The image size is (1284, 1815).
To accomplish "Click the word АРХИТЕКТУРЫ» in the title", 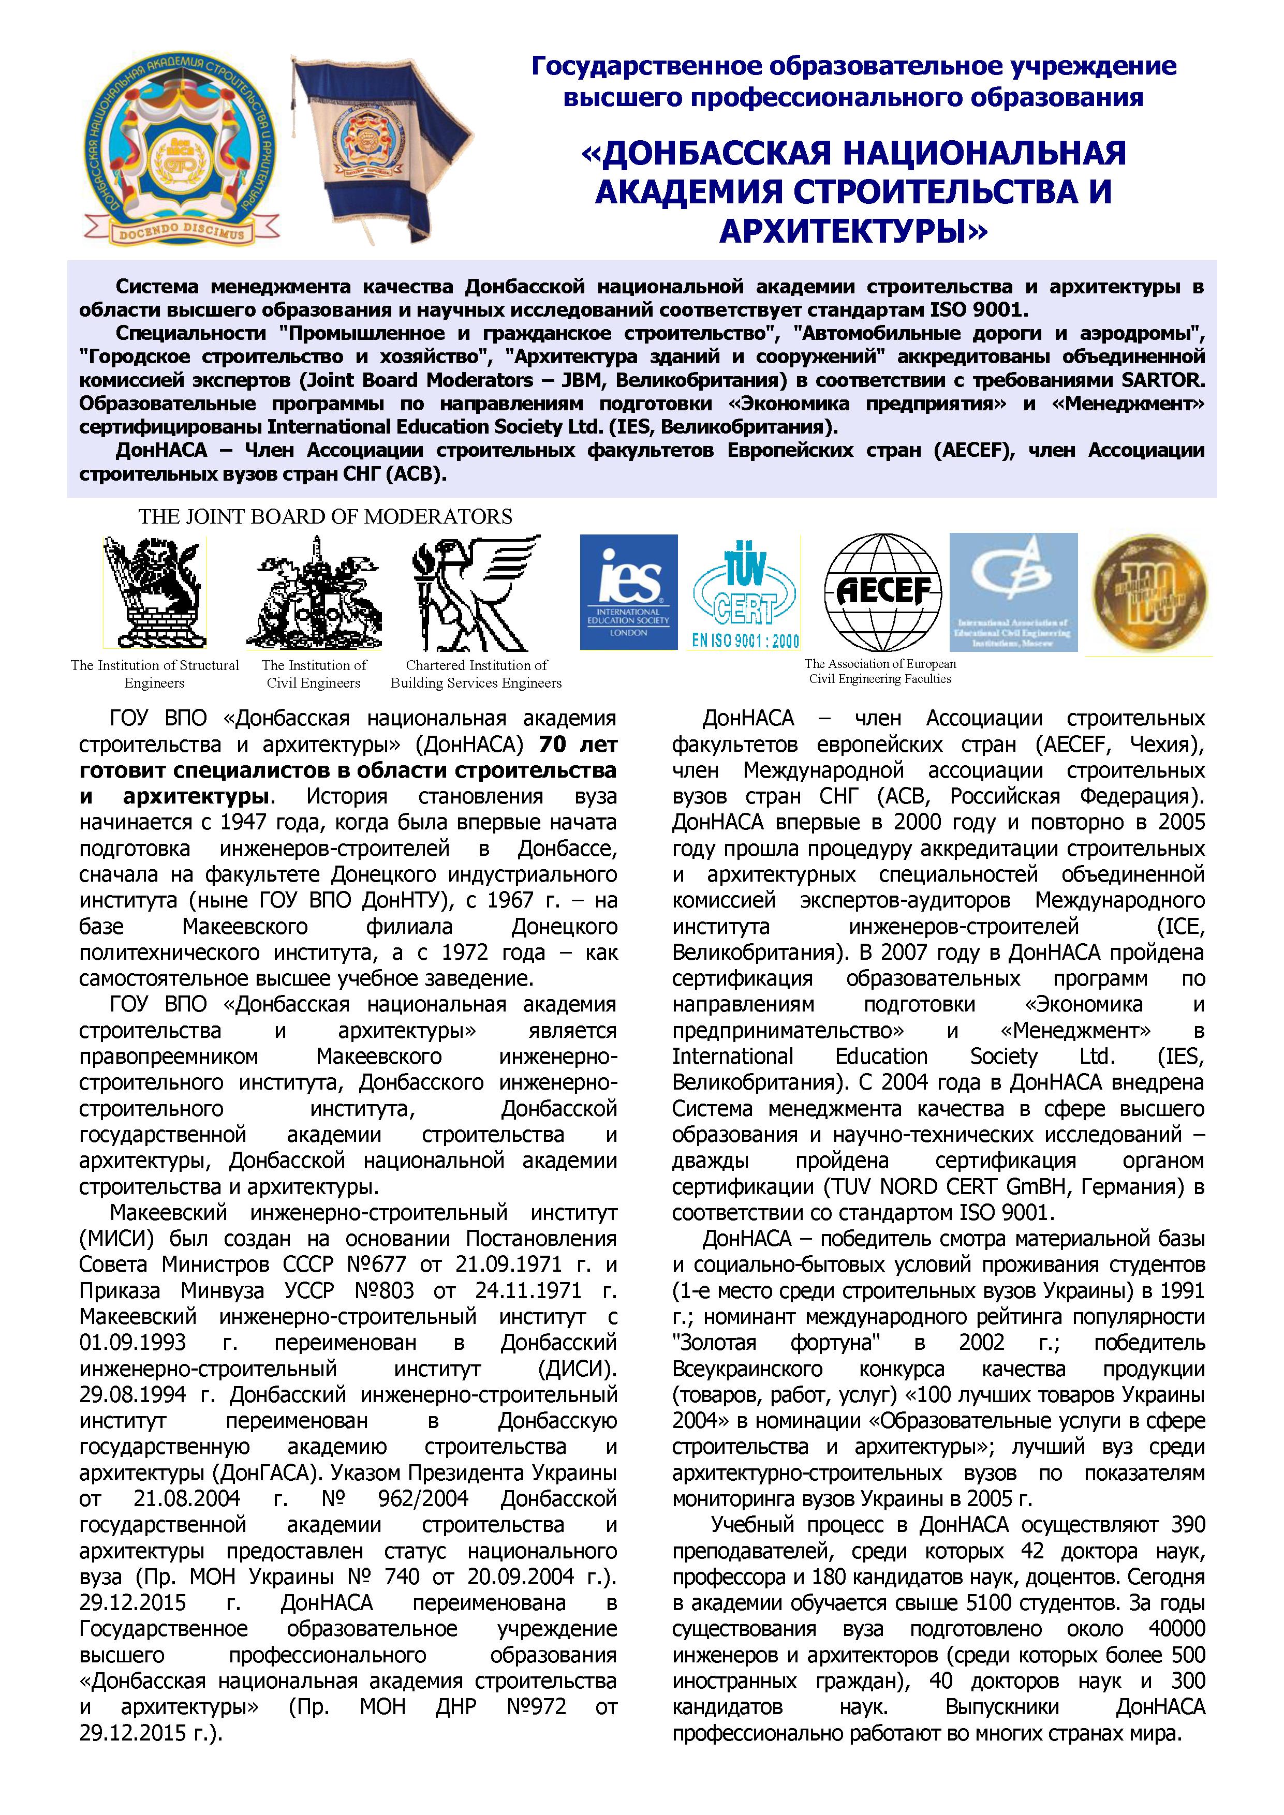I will tap(854, 231).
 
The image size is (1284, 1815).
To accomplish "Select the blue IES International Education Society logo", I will tap(629, 592).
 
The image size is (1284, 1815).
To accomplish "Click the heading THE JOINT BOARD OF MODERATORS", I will tap(325, 517).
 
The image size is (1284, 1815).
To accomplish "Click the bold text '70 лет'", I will tap(578, 745).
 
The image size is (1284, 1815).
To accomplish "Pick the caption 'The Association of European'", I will tap(880, 664).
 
